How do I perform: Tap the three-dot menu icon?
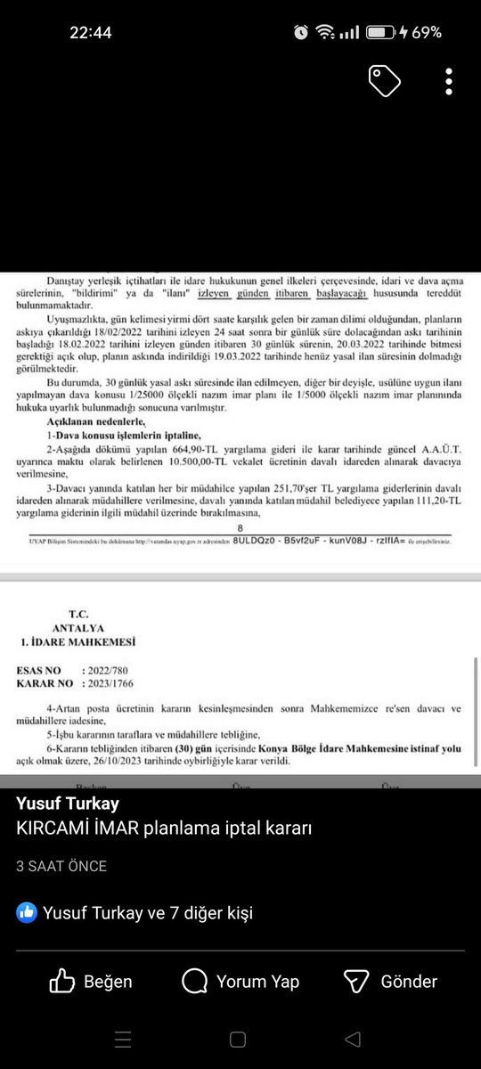pos(449,81)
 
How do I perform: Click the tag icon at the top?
pos(386,81)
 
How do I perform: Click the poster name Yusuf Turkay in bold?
pos(68,804)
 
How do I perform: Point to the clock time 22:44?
pos(91,32)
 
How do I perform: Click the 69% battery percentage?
pos(426,32)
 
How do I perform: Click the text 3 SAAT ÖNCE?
pos(61,866)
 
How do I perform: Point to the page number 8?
pos(239,528)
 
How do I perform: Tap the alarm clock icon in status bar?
pos(301,32)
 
